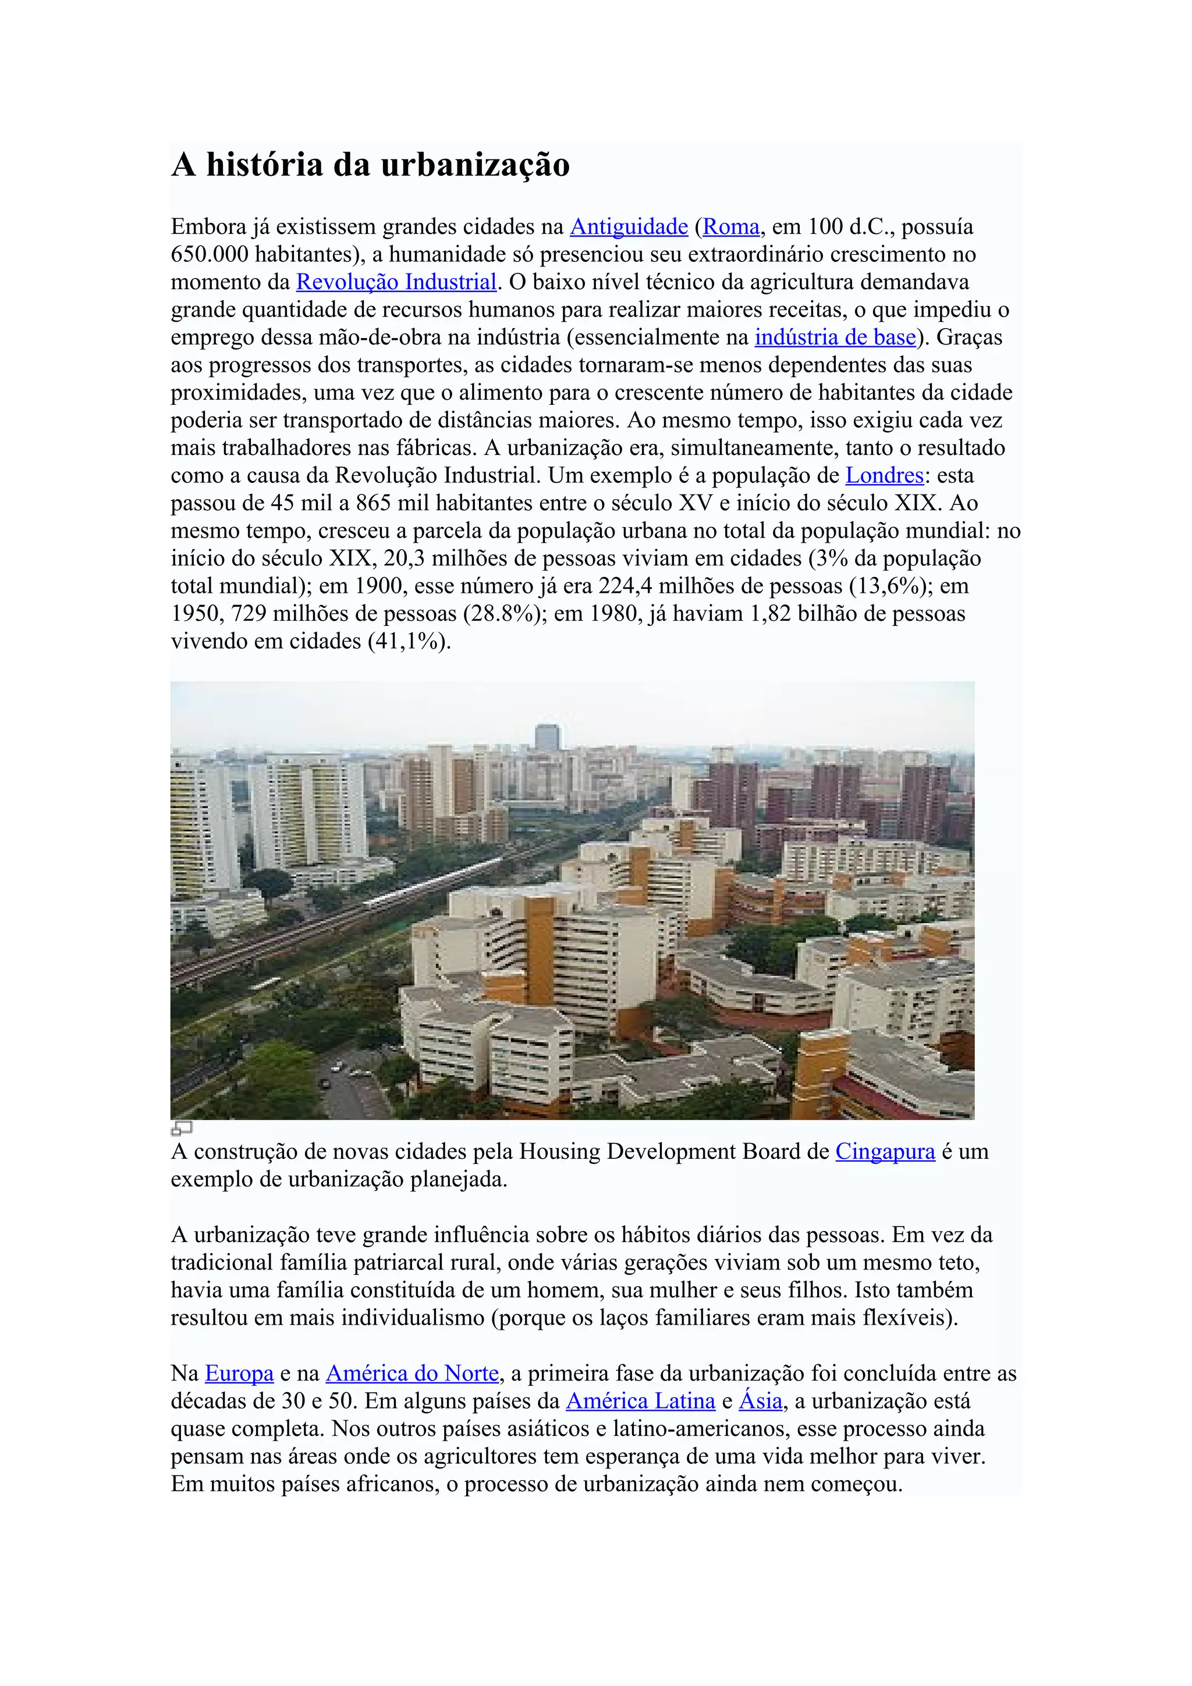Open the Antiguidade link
point(629,227)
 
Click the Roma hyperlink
point(731,227)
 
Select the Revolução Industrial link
point(396,282)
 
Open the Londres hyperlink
point(884,475)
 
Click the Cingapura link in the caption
point(885,1151)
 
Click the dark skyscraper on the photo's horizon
point(547,737)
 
